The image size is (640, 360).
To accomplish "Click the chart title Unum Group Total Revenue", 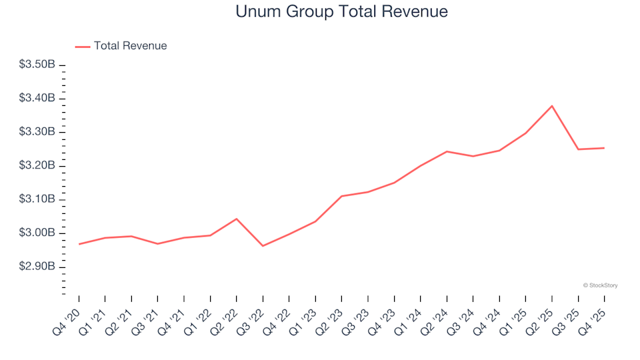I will pyautogui.click(x=341, y=12).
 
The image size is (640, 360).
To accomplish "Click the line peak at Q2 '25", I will pyautogui.click(x=552, y=106).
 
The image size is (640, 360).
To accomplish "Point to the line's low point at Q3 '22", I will pyautogui.click(x=263, y=246).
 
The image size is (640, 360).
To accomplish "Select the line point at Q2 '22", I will pyautogui.click(x=237, y=219).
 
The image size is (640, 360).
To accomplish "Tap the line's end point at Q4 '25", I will pyautogui.click(x=604, y=148).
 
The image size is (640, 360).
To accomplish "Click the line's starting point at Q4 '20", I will pyautogui.click(x=79, y=244).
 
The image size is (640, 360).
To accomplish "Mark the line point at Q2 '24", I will pyautogui.click(x=447, y=151).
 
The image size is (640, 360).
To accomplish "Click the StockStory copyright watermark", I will pyautogui.click(x=600, y=285).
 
